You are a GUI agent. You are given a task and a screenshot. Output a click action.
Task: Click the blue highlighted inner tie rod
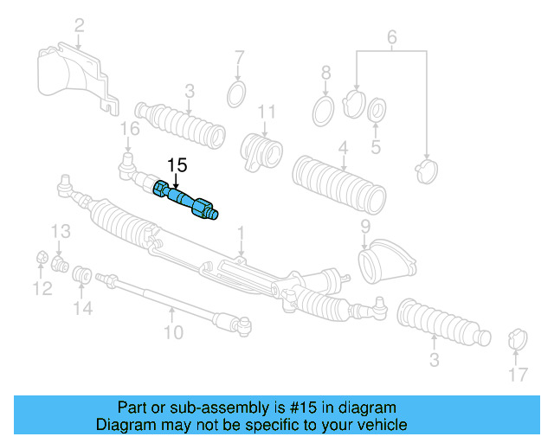186,200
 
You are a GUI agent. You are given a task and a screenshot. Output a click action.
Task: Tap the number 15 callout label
177,164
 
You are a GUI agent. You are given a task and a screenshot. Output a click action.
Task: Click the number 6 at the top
391,37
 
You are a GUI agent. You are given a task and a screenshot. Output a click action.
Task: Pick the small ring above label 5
377,111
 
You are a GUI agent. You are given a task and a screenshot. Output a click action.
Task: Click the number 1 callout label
241,232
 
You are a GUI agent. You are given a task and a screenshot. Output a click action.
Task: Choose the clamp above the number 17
516,338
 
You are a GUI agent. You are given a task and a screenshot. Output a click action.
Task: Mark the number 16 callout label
128,130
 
